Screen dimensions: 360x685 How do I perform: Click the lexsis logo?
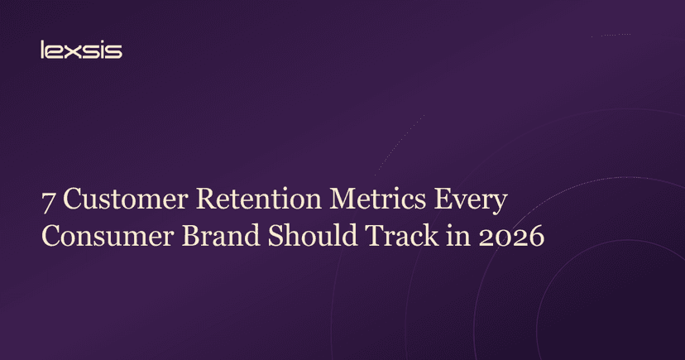point(81,50)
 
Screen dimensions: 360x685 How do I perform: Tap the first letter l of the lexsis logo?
point(42,50)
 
